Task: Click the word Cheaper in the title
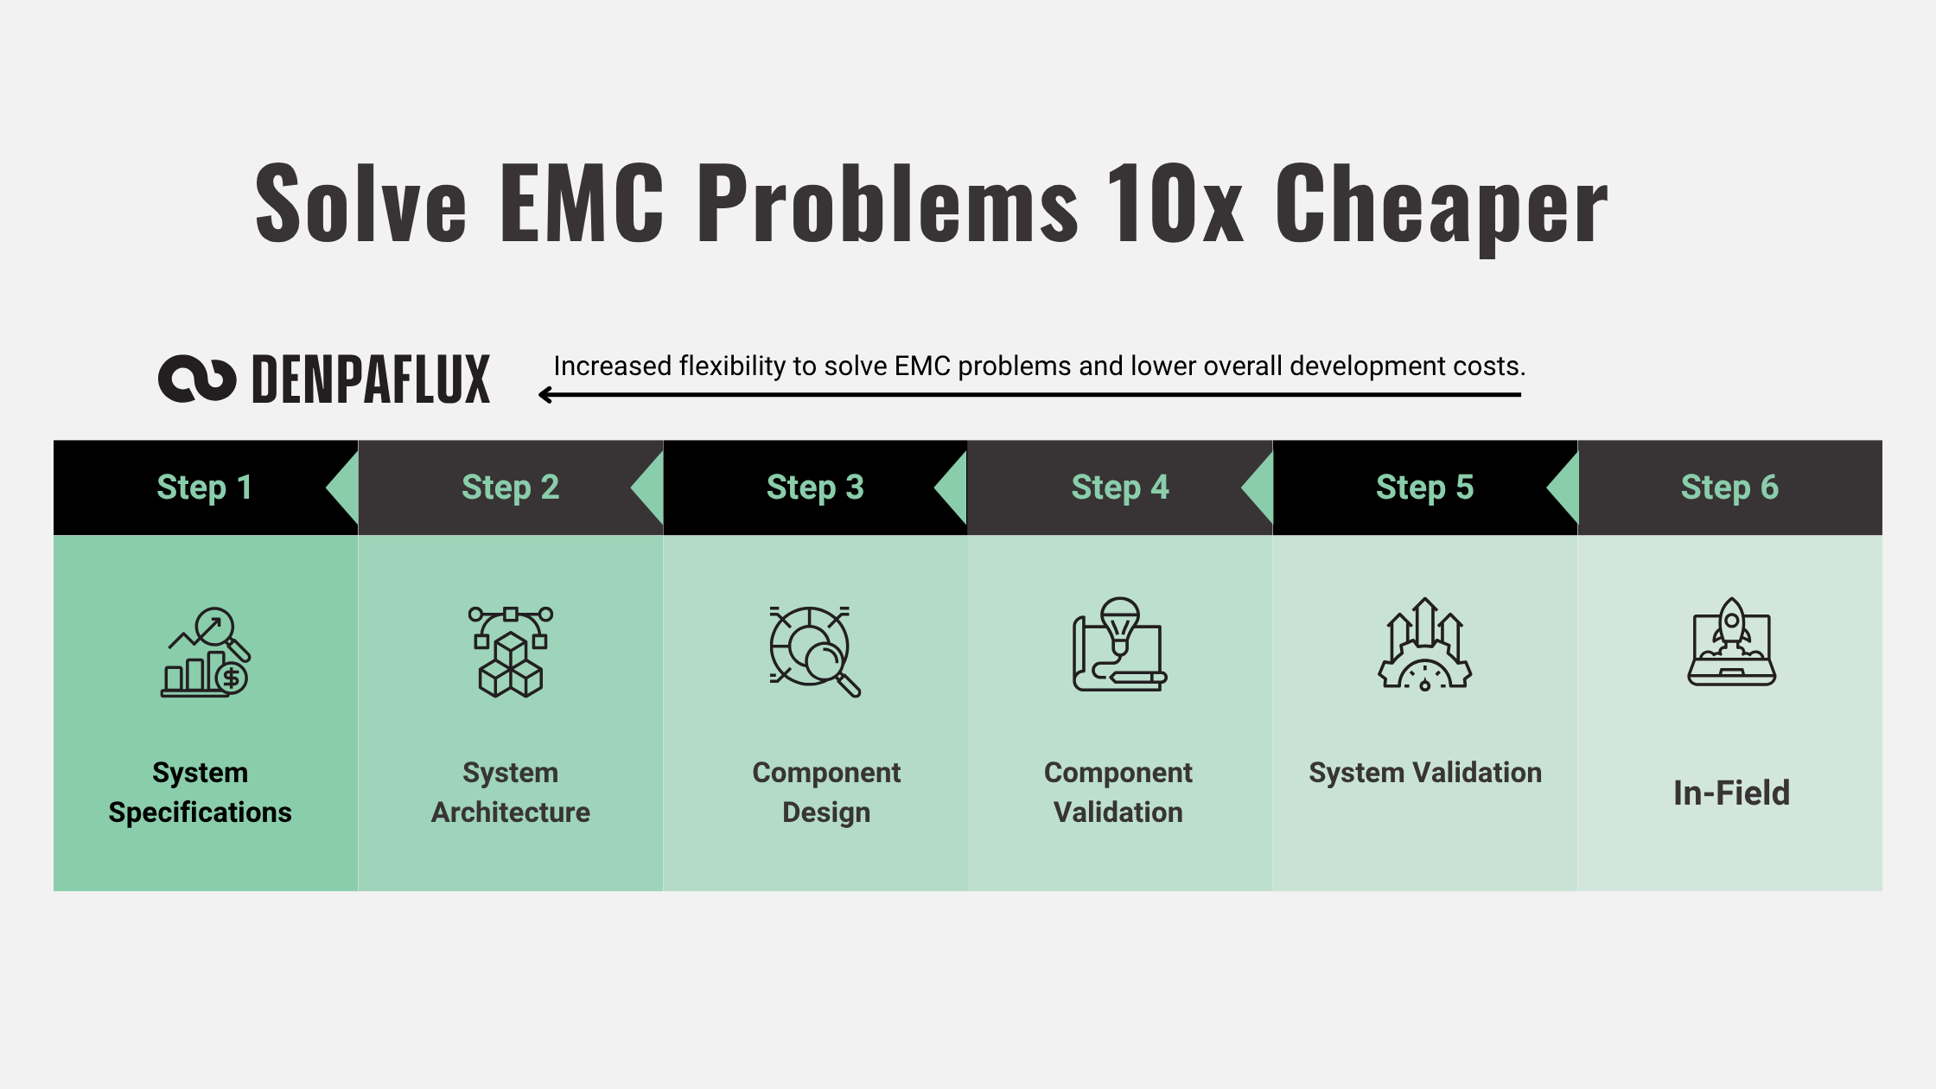[1441, 204]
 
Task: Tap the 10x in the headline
[1175, 202]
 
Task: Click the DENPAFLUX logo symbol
[197, 379]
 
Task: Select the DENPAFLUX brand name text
[371, 379]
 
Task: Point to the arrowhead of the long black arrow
[545, 395]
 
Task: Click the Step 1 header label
[205, 487]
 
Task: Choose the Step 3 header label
[815, 487]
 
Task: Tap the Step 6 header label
[1729, 487]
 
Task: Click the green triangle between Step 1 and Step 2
[342, 488]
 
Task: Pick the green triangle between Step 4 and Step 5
[1258, 488]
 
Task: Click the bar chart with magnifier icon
[206, 652]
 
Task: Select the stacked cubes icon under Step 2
[511, 652]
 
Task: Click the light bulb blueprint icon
[1119, 645]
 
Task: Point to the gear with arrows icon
[1425, 645]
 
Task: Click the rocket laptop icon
[1731, 642]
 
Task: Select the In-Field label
[1731, 793]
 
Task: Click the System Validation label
[1425, 773]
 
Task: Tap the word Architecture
[511, 812]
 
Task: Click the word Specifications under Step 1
[200, 813]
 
